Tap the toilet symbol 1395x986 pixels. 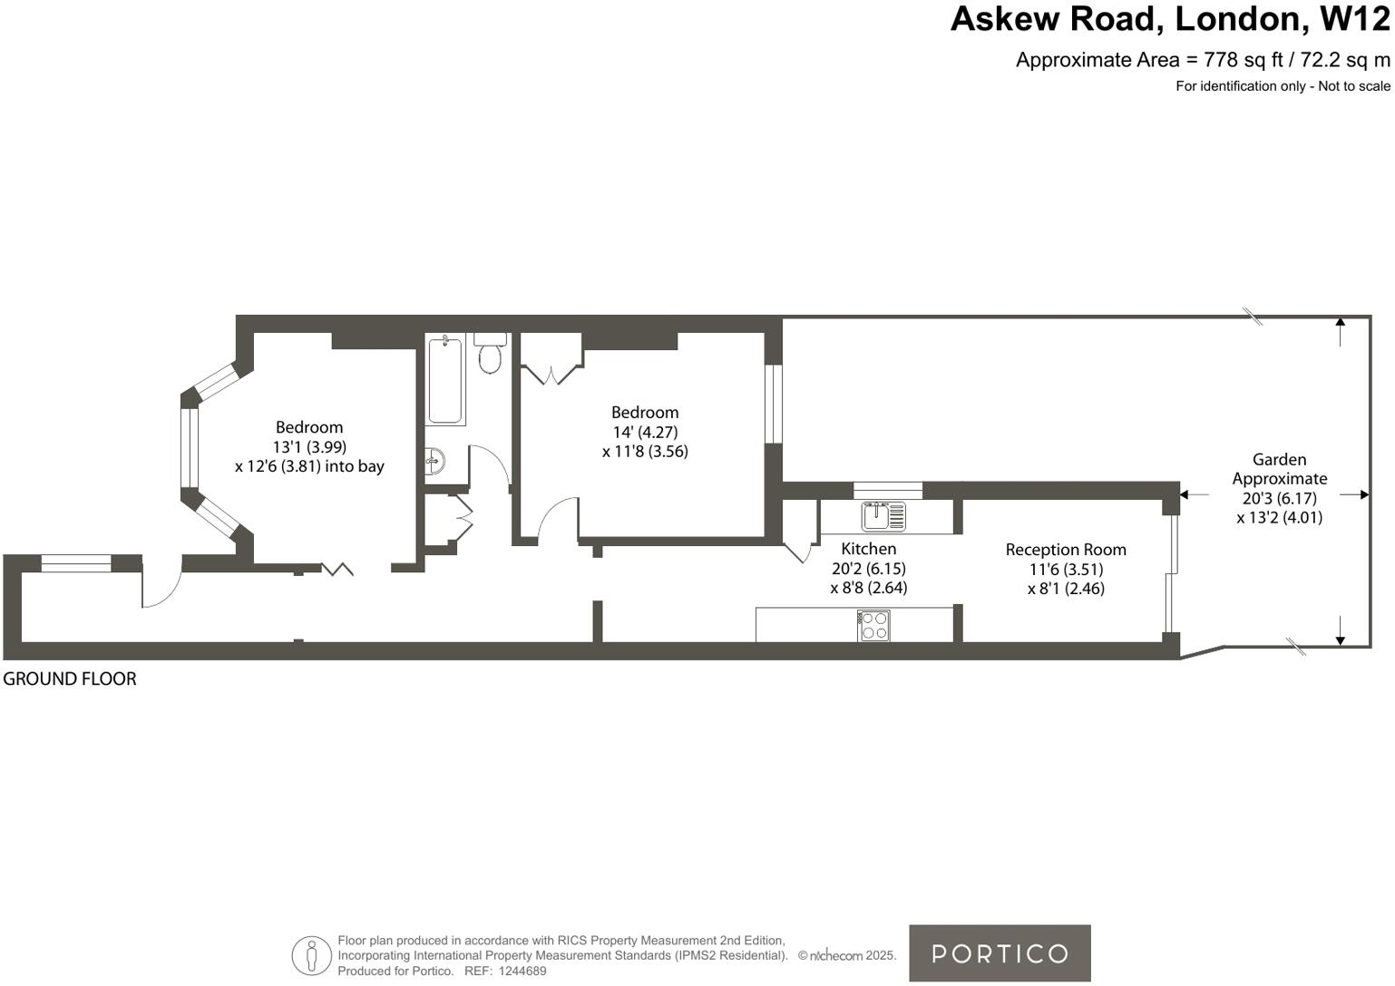pos(490,354)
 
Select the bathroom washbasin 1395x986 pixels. pos(435,461)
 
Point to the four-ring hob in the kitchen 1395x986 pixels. pos(874,625)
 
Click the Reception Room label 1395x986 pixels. pos(1066,550)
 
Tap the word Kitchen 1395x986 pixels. pos(868,549)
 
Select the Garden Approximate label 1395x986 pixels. pos(1279,469)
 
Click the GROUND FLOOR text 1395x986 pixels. pos(70,678)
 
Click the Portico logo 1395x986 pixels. pos(1000,953)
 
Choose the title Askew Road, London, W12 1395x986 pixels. pos(1169,20)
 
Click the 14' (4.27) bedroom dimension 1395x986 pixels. pos(645,432)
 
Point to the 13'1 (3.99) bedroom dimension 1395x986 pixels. pos(309,446)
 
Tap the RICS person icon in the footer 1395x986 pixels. pos(311,955)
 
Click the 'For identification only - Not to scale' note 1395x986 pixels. pos(1283,86)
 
